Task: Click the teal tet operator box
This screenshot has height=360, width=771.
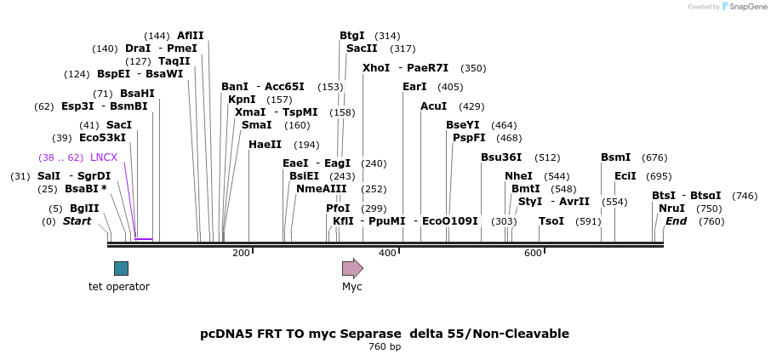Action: pyautogui.click(x=121, y=268)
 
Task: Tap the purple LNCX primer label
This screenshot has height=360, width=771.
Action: pyautogui.click(x=104, y=157)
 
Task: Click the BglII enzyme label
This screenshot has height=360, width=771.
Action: pyautogui.click(x=84, y=209)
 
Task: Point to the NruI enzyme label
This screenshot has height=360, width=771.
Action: pyautogui.click(x=671, y=209)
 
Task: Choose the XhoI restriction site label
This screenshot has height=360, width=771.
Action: pyautogui.click(x=375, y=68)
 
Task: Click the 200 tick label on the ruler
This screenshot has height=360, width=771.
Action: pyautogui.click(x=241, y=253)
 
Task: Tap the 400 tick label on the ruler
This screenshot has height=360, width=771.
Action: pyautogui.click(x=387, y=253)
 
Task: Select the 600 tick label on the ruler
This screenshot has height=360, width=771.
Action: pyautogui.click(x=533, y=253)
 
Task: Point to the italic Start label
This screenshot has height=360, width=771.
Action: pyautogui.click(x=77, y=221)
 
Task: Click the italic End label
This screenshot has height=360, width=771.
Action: pyautogui.click(x=676, y=221)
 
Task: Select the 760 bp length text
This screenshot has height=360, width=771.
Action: pyautogui.click(x=385, y=347)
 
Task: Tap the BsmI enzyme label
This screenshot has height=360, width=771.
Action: pyautogui.click(x=615, y=157)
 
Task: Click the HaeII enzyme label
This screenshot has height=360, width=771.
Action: pyautogui.click(x=265, y=145)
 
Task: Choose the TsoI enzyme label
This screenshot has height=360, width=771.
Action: pyautogui.click(x=551, y=221)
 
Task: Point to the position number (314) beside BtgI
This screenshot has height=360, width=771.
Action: pyautogui.click(x=387, y=36)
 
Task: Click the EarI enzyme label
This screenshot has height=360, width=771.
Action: pyautogui.click(x=414, y=87)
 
